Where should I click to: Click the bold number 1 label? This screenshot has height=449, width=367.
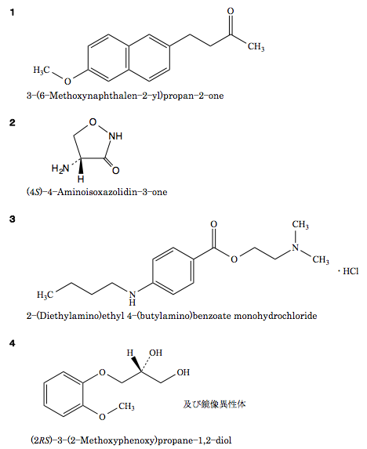coord(12,13)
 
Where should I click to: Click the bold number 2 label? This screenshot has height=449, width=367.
coord(13,122)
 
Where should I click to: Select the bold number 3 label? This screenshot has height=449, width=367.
coord(13,219)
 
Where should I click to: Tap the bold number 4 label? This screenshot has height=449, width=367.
coord(13,343)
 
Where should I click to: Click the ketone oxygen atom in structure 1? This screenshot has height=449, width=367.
coord(231,11)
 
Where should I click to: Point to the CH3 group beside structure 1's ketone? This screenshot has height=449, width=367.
coord(256,46)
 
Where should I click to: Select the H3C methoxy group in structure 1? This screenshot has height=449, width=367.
coord(42,71)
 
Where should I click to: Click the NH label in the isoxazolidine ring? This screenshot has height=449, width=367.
coord(115,136)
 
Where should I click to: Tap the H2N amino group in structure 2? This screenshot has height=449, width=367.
coord(60,168)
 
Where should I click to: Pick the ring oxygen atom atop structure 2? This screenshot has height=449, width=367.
coord(93,122)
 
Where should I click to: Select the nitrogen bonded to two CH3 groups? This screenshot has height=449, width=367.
coord(296,248)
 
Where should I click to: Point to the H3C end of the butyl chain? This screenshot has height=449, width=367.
coord(45,295)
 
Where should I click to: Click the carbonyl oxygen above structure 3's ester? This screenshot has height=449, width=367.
coord(214,224)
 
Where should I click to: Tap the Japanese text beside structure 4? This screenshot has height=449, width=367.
coord(214,404)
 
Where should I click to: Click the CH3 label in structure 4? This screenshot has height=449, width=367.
coord(126,407)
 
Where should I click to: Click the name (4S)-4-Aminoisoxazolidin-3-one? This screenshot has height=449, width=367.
coord(96,191)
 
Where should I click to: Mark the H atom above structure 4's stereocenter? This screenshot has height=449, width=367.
coord(130,353)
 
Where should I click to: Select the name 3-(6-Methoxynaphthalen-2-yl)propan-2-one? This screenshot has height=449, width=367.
coord(125,96)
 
